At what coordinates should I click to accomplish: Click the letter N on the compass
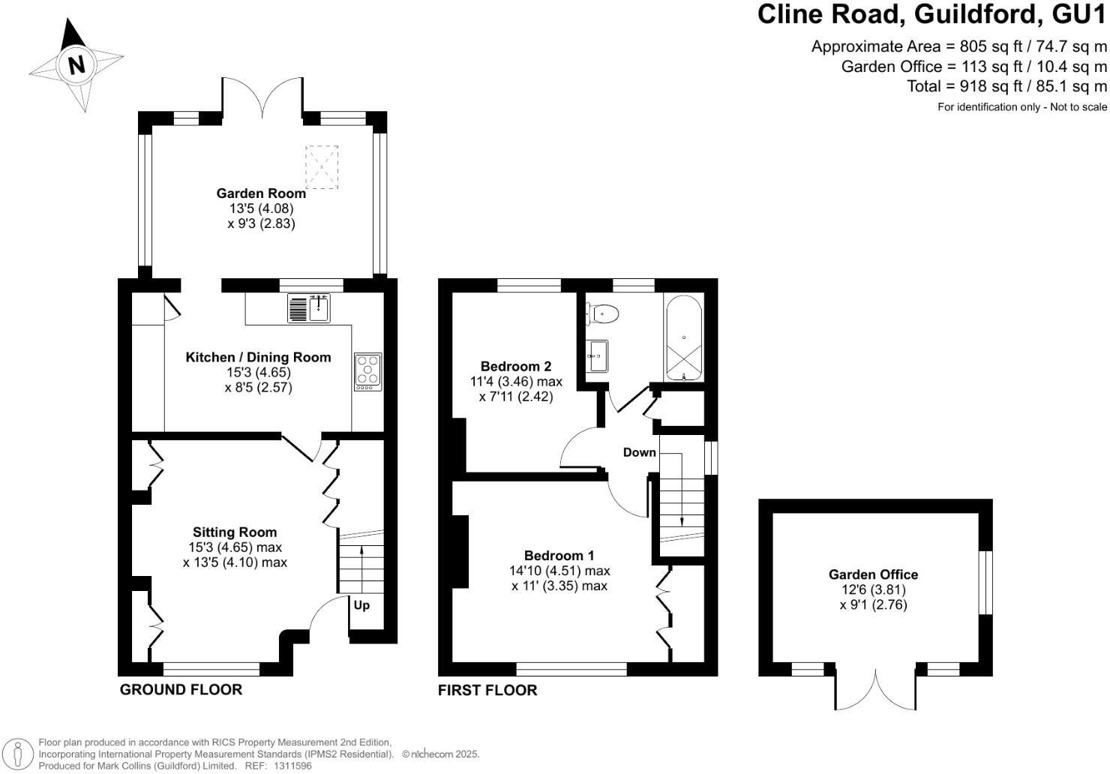(x=76, y=65)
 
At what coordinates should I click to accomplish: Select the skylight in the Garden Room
(x=322, y=166)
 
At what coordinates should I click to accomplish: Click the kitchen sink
(x=309, y=308)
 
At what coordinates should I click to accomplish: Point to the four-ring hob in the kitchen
(x=368, y=371)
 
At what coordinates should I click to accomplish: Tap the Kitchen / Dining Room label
(x=258, y=358)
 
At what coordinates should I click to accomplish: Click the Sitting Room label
(x=235, y=532)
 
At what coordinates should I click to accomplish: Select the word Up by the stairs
(x=361, y=605)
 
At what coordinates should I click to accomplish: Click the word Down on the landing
(x=639, y=452)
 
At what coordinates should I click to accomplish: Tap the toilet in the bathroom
(x=603, y=313)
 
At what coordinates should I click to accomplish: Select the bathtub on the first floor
(x=683, y=338)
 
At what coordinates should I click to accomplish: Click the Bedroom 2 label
(x=516, y=367)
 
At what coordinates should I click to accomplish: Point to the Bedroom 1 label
(x=559, y=556)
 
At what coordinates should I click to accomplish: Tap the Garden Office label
(x=873, y=574)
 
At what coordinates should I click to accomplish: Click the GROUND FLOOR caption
(x=181, y=690)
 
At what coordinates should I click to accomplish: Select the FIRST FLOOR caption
(x=487, y=690)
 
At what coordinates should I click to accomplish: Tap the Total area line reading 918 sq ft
(x=1006, y=86)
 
